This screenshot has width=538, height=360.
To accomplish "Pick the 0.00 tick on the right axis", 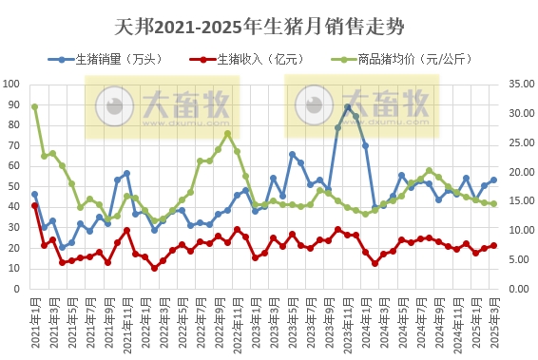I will (x=514, y=289).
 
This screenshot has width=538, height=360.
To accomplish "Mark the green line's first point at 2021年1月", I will (x=35, y=106).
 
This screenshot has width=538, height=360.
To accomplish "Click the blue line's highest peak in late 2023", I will (x=347, y=107).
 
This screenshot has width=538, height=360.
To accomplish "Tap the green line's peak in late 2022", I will (x=227, y=134).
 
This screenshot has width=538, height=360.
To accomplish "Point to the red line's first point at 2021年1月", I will (x=35, y=205).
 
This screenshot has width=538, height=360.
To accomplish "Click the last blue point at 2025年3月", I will (x=493, y=180).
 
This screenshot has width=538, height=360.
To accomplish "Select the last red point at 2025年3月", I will (x=493, y=245).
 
